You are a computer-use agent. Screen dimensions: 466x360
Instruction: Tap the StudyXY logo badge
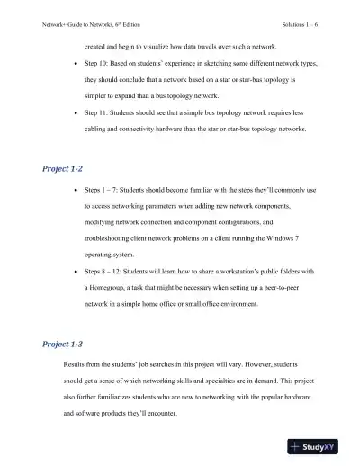click(319, 445)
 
